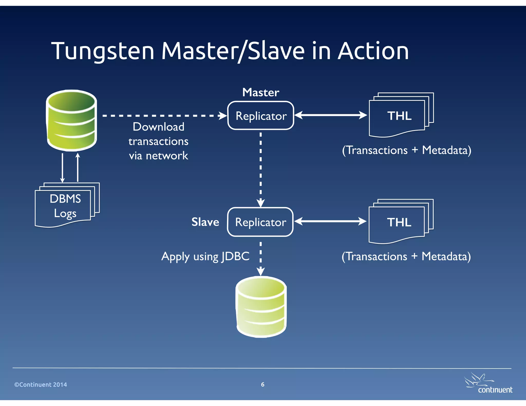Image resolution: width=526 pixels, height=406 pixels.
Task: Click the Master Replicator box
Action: (x=261, y=116)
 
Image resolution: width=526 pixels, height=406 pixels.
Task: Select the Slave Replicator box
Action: (x=260, y=222)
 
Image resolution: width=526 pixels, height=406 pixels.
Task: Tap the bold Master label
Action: (x=261, y=92)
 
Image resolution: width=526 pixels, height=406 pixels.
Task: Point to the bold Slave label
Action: (x=205, y=222)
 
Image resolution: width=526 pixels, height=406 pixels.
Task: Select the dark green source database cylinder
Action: (x=72, y=120)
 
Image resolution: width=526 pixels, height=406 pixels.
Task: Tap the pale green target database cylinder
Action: (x=261, y=307)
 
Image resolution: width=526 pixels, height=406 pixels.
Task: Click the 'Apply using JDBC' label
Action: (x=205, y=256)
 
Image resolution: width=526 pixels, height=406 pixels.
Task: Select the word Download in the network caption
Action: (x=158, y=127)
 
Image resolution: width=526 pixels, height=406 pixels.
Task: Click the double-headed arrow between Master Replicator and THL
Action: (x=331, y=115)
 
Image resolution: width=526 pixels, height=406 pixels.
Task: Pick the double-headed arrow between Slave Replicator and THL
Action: (x=331, y=221)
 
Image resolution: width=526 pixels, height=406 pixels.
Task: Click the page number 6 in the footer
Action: (x=262, y=384)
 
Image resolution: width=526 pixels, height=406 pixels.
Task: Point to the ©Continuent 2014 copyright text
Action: (x=41, y=384)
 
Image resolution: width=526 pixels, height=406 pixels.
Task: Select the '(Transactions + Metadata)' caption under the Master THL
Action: (x=407, y=150)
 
